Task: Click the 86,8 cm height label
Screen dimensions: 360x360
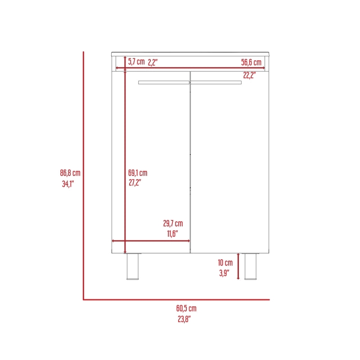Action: [x=70, y=173]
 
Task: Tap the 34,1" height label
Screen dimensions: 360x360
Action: [x=68, y=184]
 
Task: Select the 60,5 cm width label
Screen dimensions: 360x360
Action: [x=186, y=308]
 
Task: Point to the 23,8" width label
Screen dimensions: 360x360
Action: [x=184, y=319]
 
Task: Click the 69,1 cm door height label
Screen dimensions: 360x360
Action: [x=138, y=173]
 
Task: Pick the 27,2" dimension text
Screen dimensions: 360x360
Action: [x=135, y=183]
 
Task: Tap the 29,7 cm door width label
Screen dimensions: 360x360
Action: [x=173, y=223]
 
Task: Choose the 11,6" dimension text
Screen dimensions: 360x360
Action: [x=172, y=234]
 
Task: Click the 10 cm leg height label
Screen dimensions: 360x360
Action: [x=225, y=263]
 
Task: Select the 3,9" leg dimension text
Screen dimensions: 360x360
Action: [x=224, y=273]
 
